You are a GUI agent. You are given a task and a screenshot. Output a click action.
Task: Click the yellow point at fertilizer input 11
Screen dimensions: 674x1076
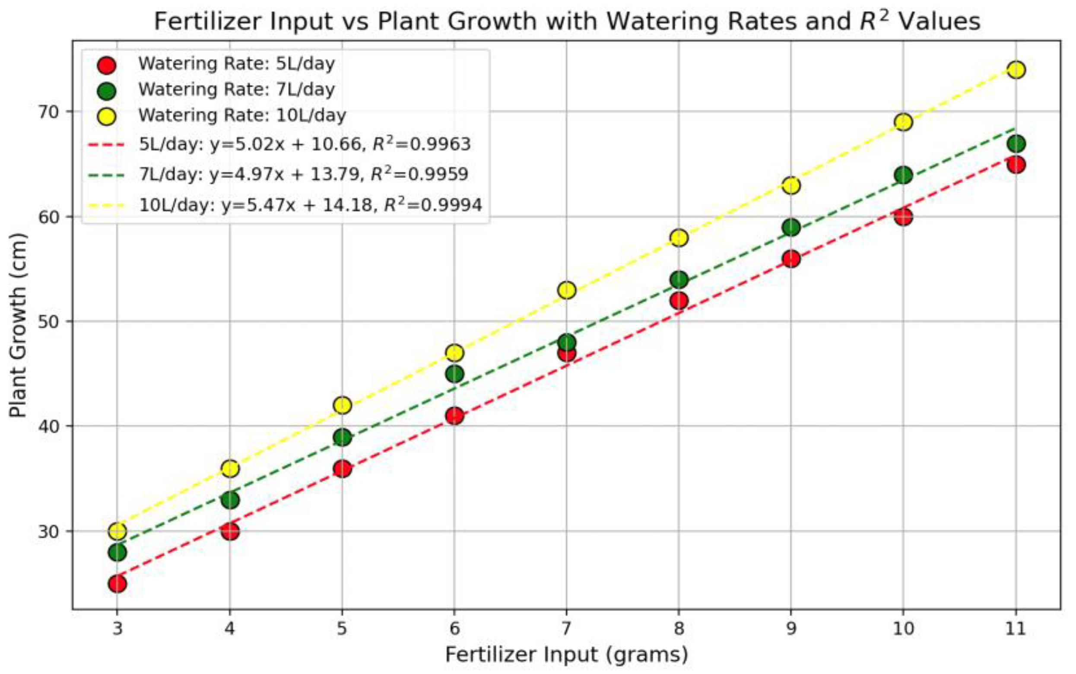click(1016, 70)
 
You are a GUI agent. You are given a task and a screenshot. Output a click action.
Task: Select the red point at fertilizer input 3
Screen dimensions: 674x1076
click(117, 583)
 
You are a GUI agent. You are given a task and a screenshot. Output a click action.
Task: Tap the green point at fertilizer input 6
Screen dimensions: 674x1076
click(454, 374)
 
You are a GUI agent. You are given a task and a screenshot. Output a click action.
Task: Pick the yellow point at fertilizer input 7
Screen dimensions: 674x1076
click(566, 290)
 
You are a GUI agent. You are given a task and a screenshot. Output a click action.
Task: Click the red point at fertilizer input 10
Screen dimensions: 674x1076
click(903, 216)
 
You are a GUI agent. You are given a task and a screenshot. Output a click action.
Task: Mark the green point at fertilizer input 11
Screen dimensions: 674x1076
click(1016, 143)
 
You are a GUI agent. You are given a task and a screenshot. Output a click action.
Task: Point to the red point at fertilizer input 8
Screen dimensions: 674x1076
click(679, 300)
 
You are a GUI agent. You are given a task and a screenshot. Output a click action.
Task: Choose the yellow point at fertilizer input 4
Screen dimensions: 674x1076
click(230, 468)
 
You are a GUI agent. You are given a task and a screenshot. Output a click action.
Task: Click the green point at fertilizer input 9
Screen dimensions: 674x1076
click(791, 227)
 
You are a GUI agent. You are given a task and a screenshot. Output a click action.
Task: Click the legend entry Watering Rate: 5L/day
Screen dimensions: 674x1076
click(236, 64)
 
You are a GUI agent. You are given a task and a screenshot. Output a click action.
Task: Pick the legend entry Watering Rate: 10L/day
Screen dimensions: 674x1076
click(242, 115)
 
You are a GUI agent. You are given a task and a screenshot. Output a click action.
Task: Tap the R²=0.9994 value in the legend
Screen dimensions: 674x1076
click(433, 205)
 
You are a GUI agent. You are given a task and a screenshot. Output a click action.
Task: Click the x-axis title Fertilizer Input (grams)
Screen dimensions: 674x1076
click(566, 655)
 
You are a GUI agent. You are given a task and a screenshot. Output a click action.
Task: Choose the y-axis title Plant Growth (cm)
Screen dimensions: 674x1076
click(18, 324)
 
